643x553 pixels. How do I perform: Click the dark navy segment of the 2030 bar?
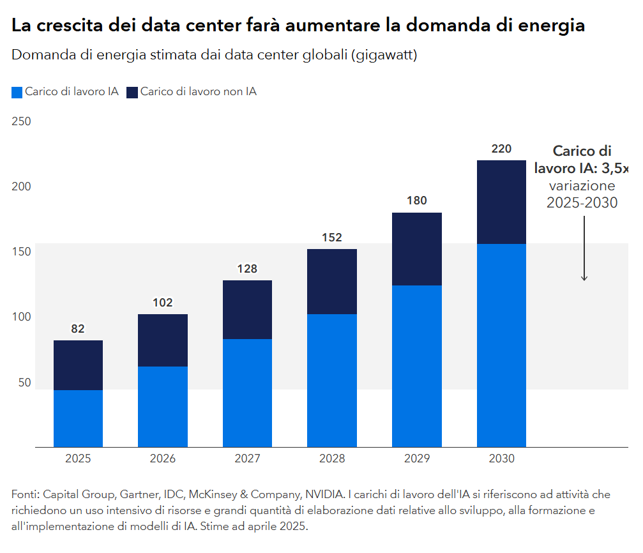pyautogui.click(x=501, y=202)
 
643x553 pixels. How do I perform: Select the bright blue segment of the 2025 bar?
pyautogui.click(x=78, y=418)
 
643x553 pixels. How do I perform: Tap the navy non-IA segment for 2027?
pyautogui.click(x=247, y=310)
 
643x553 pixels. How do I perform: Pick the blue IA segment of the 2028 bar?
pyautogui.click(x=332, y=380)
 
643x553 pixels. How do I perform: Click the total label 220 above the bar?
pyautogui.click(x=501, y=149)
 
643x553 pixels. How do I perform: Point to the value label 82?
pyautogui.click(x=78, y=329)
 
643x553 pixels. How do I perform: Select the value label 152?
pyautogui.click(x=332, y=238)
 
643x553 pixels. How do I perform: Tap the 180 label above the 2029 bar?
pyautogui.click(x=416, y=201)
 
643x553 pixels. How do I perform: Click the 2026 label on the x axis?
pyautogui.click(x=163, y=458)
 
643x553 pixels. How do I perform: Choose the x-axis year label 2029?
pyautogui.click(x=416, y=458)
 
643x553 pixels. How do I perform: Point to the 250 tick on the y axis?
pyautogui.click(x=22, y=121)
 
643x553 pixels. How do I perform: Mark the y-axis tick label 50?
pyautogui.click(x=24, y=383)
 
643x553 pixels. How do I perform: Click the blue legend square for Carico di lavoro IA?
pyautogui.click(x=17, y=92)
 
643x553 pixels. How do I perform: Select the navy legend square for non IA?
pyautogui.click(x=132, y=92)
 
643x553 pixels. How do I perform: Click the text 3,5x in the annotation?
pyautogui.click(x=616, y=169)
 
